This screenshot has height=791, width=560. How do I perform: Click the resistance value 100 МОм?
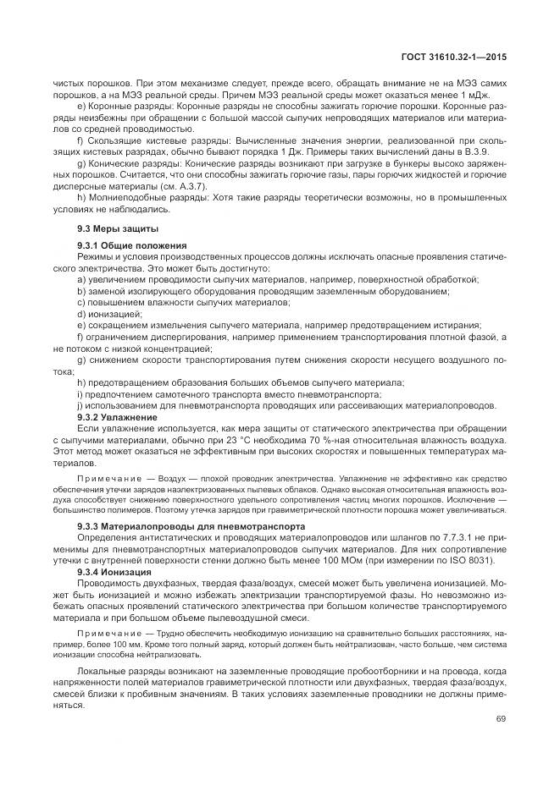[353, 562]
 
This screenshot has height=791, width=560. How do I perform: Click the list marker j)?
[80, 406]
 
